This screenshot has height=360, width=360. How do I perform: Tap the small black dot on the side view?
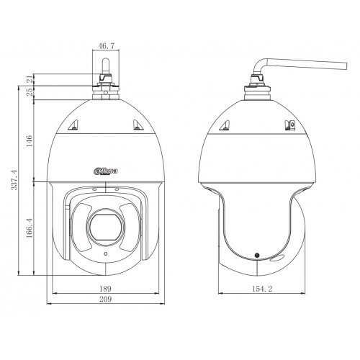(x=256, y=256)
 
